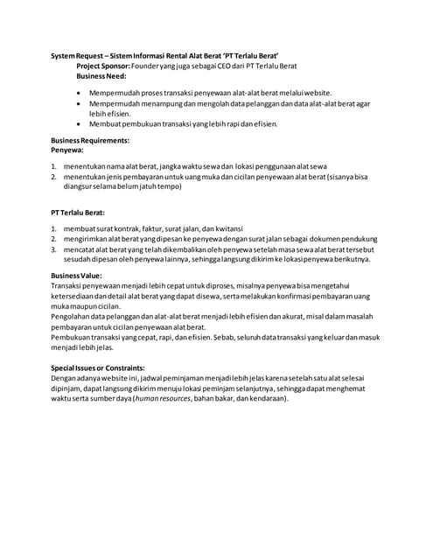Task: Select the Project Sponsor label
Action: coord(103,66)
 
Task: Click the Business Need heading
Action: coord(101,76)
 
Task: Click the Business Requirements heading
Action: coord(90,141)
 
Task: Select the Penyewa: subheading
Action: coord(68,150)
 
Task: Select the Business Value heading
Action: coord(76,276)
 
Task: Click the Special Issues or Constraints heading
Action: coord(98,368)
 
